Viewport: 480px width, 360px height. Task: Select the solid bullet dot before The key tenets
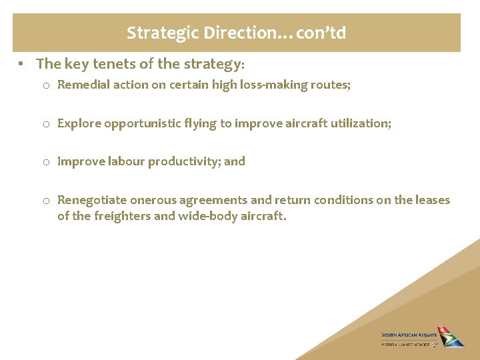pos(22,64)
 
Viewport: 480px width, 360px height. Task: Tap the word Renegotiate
pos(90,200)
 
